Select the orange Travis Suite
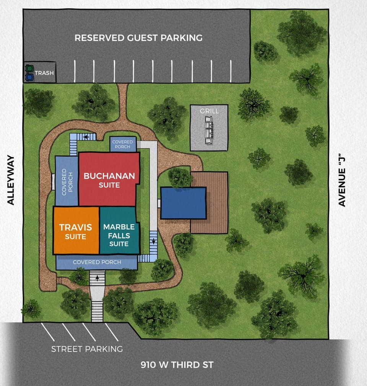[x=76, y=231]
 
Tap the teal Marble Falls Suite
[x=119, y=234]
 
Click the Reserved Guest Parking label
[x=138, y=38]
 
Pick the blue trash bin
[x=29, y=77]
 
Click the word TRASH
[x=44, y=73]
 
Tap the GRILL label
[x=209, y=111]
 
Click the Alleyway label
[x=11, y=180]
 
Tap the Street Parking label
[x=87, y=349]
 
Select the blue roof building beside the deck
[x=183, y=203]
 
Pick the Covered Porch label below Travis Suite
[x=97, y=262]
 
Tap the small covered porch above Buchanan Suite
[x=123, y=144]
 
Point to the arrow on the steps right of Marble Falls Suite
[x=153, y=241]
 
